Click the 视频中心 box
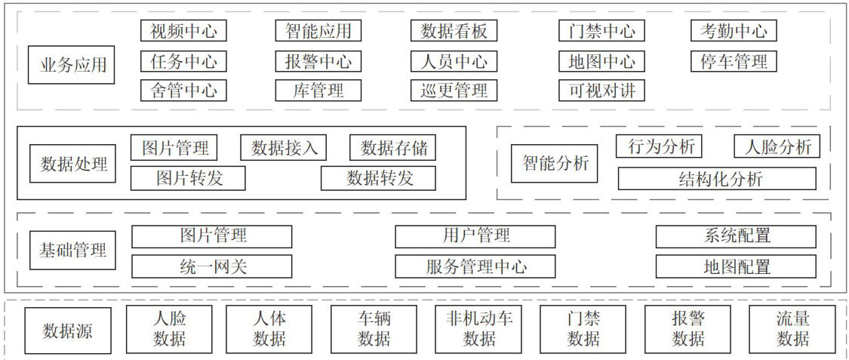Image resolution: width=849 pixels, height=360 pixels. pyautogui.click(x=183, y=31)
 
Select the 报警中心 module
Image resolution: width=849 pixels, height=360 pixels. pyautogui.click(x=318, y=61)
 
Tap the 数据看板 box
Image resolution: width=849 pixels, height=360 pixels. pyautogui.click(x=454, y=31)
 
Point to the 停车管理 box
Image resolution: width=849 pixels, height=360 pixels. pyautogui.click(x=734, y=61)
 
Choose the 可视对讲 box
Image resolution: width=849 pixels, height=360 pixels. pyautogui.click(x=601, y=91)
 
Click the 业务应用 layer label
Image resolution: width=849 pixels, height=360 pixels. pyautogui.click(x=72, y=66)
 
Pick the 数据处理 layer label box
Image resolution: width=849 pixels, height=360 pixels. pyautogui.click(x=72, y=164)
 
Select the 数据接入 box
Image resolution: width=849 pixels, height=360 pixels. pyautogui.click(x=284, y=148)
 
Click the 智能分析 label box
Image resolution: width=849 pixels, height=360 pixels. pyautogui.click(x=555, y=163)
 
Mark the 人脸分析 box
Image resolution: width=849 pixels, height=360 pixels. pyautogui.click(x=777, y=146)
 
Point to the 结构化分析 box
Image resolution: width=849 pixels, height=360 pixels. pyautogui.click(x=716, y=179)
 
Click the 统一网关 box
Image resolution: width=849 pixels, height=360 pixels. pyautogui.click(x=212, y=266)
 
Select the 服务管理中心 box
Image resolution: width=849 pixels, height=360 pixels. pyautogui.click(x=475, y=266)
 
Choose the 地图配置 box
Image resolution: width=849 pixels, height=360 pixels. pyautogui.click(x=736, y=266)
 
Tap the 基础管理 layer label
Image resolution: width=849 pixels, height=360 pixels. pyautogui.click(x=72, y=250)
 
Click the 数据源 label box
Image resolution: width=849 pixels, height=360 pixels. pyautogui.click(x=67, y=330)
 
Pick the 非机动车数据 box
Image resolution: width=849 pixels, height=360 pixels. pyautogui.click(x=479, y=329)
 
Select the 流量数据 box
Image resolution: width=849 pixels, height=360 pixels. pyautogui.click(x=792, y=329)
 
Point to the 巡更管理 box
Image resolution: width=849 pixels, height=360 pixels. pyautogui.click(x=454, y=91)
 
